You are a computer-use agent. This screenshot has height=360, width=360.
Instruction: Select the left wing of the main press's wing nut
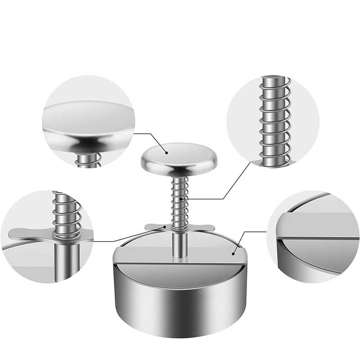[154, 226]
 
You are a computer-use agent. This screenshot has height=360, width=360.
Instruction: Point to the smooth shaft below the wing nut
[180, 243]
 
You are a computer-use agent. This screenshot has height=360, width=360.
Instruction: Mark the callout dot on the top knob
[166, 153]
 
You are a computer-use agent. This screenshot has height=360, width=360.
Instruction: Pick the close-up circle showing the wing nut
[47, 236]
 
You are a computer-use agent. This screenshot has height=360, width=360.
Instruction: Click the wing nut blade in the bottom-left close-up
[27, 233]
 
